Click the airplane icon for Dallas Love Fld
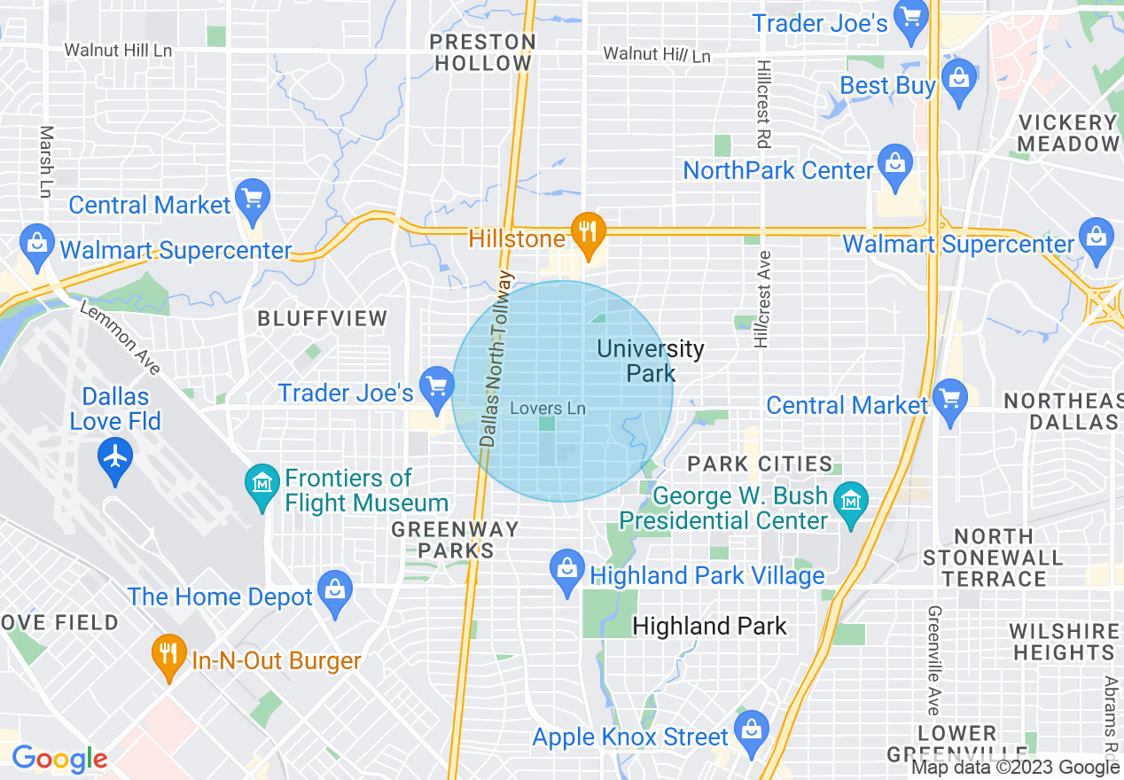115,457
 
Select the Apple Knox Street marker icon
751,731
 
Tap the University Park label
651,361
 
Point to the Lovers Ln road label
549,409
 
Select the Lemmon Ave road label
121,338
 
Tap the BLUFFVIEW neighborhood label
322,318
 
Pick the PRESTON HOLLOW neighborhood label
482,52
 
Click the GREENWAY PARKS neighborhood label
456,540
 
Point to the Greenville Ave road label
933,660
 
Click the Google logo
59,759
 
